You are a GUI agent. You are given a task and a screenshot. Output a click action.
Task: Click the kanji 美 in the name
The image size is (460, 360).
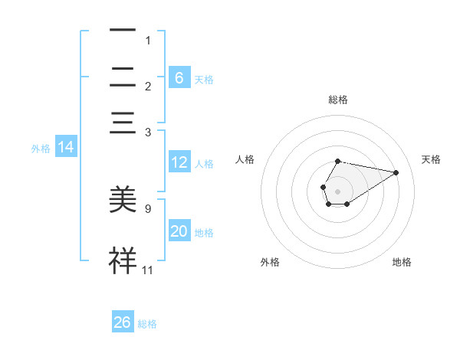(x=123, y=200)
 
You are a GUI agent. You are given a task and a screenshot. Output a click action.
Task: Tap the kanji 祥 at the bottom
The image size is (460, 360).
(x=123, y=260)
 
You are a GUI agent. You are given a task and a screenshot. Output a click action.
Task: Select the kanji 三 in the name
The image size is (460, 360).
(x=123, y=123)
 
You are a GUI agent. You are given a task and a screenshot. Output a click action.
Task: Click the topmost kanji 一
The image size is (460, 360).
(x=123, y=31)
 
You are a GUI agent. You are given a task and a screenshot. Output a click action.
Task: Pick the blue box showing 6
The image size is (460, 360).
(x=179, y=78)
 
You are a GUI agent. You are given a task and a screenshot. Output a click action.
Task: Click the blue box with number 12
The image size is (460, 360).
(x=179, y=162)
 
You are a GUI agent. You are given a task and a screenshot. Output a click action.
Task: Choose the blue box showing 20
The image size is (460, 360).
(x=179, y=231)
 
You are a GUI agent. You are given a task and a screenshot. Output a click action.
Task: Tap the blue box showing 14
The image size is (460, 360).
(x=66, y=148)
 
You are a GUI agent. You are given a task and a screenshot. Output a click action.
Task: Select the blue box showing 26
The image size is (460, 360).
(x=123, y=322)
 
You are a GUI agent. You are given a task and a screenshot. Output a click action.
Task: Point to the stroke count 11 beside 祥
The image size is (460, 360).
(x=148, y=270)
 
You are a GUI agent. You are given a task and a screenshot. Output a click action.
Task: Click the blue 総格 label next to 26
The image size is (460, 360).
(x=147, y=324)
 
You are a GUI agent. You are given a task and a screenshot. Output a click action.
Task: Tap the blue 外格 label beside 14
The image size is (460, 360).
(x=41, y=149)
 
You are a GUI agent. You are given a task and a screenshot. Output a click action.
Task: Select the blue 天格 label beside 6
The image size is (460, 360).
(x=204, y=79)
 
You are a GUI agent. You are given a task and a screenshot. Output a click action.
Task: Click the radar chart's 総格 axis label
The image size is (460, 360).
(x=337, y=100)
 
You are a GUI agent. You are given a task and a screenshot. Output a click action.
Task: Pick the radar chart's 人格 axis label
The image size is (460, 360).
(x=245, y=159)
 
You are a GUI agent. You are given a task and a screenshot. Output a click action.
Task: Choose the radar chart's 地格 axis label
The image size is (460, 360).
(x=402, y=262)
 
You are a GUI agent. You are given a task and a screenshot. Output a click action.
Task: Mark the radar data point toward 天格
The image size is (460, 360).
(x=396, y=172)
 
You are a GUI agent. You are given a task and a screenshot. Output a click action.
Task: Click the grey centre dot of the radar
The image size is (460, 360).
(x=337, y=190)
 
